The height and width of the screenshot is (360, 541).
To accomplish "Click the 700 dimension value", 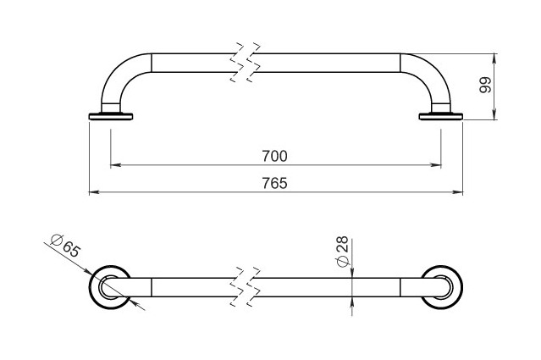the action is [x=274, y=157].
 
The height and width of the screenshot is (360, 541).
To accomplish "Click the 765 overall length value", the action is [x=274, y=183].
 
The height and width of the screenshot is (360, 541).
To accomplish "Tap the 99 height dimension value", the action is [x=485, y=85].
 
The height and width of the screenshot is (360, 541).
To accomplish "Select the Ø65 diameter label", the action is [x=65, y=245].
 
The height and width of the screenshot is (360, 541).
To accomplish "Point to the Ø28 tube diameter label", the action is [x=342, y=252].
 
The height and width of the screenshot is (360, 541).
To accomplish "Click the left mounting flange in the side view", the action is [x=111, y=116].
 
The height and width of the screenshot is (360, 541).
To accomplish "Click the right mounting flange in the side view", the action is [x=441, y=116].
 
